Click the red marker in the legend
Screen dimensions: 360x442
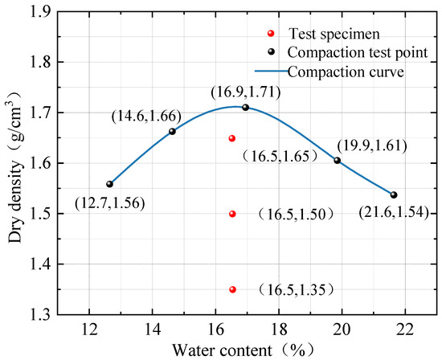271,34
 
